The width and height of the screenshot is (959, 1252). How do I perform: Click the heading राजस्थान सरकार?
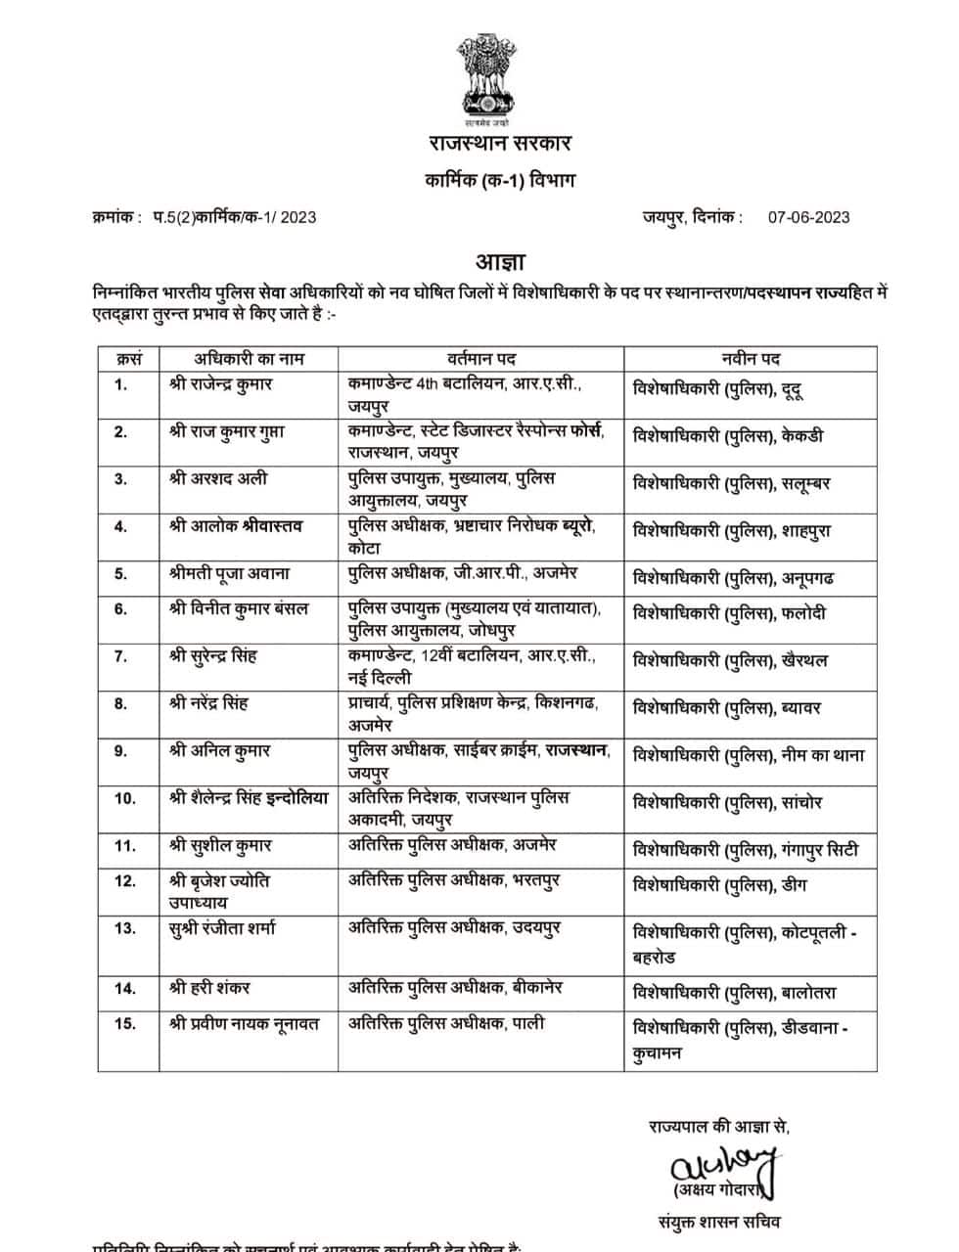click(499, 144)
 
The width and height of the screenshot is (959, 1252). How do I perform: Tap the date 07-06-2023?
click(808, 217)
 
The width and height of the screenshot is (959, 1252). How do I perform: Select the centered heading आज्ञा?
click(500, 262)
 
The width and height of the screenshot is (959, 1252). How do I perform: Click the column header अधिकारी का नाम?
click(249, 358)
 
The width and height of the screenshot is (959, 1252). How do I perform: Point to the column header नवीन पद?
click(750, 358)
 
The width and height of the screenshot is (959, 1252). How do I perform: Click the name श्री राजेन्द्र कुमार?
click(220, 384)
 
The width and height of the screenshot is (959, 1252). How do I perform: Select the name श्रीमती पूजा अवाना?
click(229, 573)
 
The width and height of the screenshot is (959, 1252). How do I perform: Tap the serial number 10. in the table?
click(125, 798)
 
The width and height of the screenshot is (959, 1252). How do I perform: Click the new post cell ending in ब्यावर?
click(727, 707)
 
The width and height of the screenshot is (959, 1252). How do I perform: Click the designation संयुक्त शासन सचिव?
click(719, 1221)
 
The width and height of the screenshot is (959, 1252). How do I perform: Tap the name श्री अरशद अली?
click(218, 478)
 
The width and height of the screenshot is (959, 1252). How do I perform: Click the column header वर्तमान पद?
click(482, 358)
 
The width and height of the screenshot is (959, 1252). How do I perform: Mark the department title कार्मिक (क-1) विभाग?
click(499, 180)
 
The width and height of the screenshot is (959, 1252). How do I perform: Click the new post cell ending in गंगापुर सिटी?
click(746, 850)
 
